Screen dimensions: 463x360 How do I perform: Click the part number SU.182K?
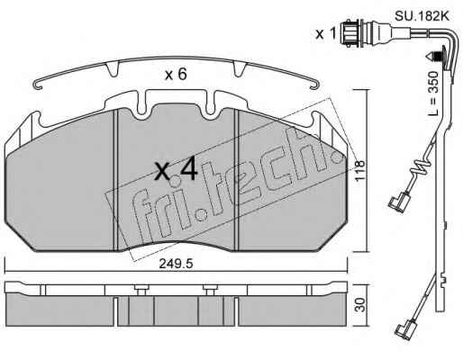click(x=422, y=16)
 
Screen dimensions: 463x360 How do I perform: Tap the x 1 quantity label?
click(x=325, y=34)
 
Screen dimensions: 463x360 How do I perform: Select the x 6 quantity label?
click(x=176, y=74)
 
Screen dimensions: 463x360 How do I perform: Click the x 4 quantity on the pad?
click(x=176, y=170)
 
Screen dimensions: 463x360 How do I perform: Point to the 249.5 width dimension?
click(x=176, y=264)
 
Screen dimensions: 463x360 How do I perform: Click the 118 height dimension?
click(x=359, y=170)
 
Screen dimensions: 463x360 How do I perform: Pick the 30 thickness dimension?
click(x=360, y=304)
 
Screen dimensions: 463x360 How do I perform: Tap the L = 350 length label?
click(x=432, y=94)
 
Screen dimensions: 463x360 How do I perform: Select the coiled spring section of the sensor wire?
click(x=422, y=170)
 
